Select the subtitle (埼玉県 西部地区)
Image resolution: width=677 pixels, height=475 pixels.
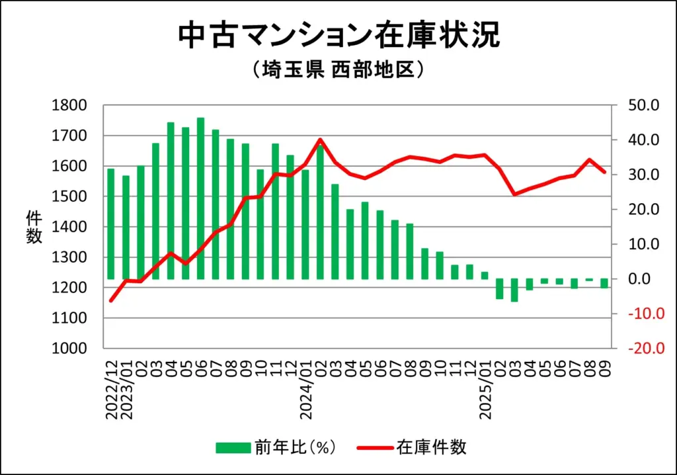click(x=338, y=69)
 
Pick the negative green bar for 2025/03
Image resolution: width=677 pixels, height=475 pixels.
click(x=514, y=290)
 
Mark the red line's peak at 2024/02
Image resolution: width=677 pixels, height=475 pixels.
click(x=321, y=140)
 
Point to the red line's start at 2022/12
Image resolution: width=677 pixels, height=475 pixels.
click(x=111, y=301)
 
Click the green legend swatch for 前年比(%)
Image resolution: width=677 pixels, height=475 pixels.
click(x=233, y=448)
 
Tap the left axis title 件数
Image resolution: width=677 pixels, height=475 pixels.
click(x=33, y=227)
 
